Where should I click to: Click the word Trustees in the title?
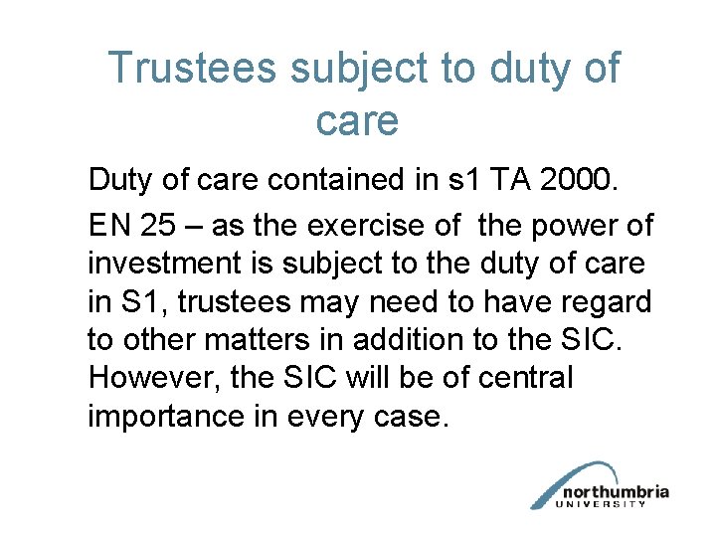click(192, 69)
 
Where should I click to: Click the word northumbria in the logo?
click(616, 491)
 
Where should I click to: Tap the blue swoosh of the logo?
click(567, 482)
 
